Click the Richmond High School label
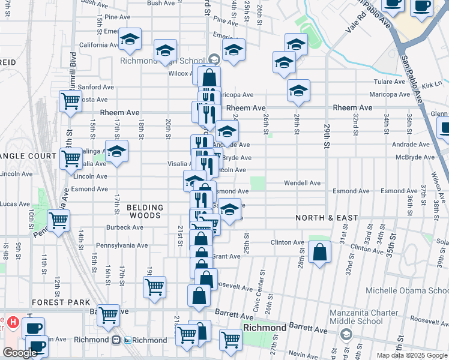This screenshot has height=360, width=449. click(162, 61)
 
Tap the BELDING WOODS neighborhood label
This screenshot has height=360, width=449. click(144, 211)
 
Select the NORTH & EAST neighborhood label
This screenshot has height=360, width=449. click(327, 218)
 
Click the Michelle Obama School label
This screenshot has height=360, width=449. click(407, 291)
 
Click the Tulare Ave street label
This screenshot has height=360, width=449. click(389, 82)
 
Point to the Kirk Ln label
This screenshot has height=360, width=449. click(431, 85)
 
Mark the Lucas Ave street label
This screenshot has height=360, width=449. click(16, 205)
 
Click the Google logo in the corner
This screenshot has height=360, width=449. click(20, 353)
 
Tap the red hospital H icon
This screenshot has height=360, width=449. click(13, 323)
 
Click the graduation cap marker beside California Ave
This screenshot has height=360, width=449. click(130, 40)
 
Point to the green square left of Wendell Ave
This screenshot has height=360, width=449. click(258, 184)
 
